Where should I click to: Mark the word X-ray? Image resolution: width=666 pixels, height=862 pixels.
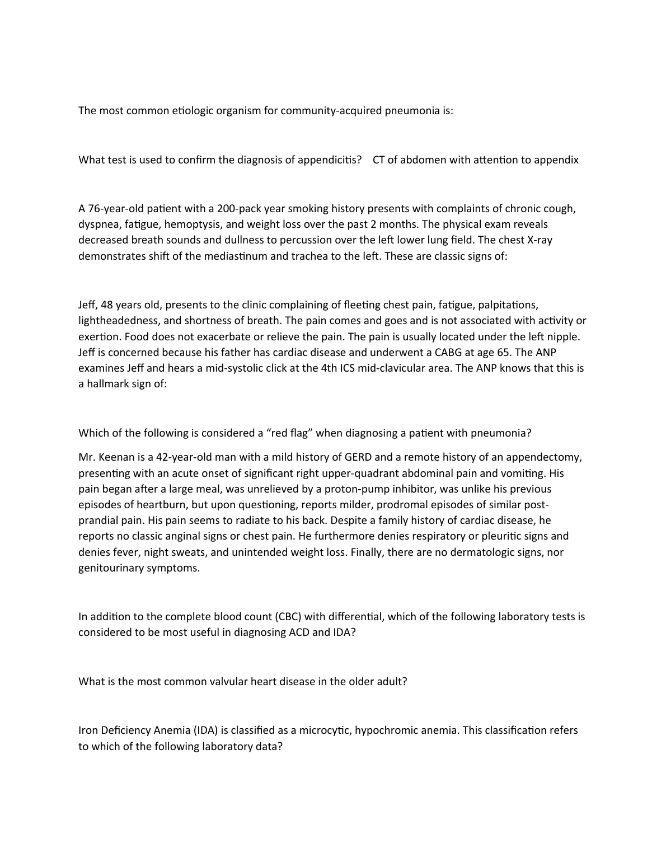coord(540,240)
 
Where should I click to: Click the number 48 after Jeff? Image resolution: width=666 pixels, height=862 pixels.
coord(107,305)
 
